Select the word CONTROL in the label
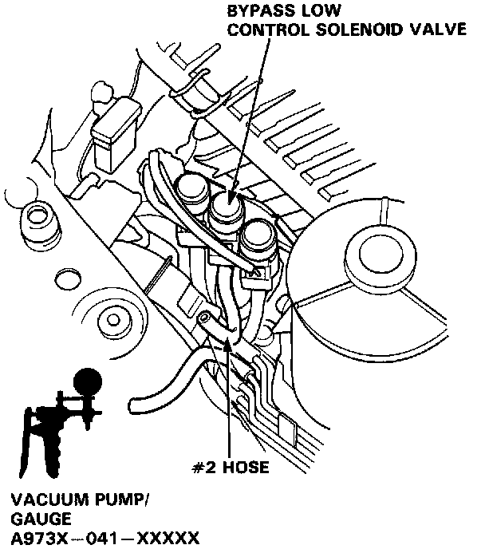pyautogui.click(x=266, y=30)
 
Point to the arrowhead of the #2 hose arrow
pyautogui.click(x=228, y=340)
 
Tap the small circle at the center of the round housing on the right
pyautogui.click(x=382, y=255)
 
